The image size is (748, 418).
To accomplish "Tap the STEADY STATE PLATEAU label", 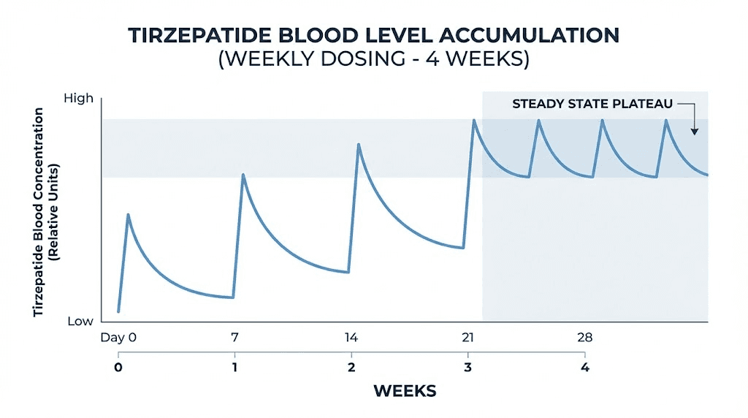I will pyautogui.click(x=592, y=104).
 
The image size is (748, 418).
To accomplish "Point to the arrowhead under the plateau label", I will pyautogui.click(x=694, y=131).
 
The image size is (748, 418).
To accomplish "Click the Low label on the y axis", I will pyautogui.click(x=80, y=322).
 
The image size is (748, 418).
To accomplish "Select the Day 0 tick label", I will pyautogui.click(x=118, y=338).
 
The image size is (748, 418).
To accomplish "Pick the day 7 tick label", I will pyautogui.click(x=234, y=338).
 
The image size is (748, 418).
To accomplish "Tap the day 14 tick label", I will pyautogui.click(x=351, y=338).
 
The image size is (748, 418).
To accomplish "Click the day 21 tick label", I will pyautogui.click(x=467, y=338).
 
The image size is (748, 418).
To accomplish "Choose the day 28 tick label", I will pyautogui.click(x=584, y=338).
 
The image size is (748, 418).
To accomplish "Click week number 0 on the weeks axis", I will pyautogui.click(x=118, y=366).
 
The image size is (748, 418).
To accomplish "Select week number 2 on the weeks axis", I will pyautogui.click(x=351, y=366).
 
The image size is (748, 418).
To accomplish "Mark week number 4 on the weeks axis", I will pyautogui.click(x=584, y=366).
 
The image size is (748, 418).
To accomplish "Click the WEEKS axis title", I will pyautogui.click(x=405, y=391).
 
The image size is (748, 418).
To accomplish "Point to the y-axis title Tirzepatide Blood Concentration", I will pyautogui.click(x=39, y=212).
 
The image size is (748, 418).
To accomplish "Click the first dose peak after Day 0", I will pyautogui.click(x=129, y=215).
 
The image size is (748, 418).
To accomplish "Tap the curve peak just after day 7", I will pyautogui.click(x=243, y=175).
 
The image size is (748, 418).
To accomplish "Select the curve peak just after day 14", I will pyautogui.click(x=358, y=144).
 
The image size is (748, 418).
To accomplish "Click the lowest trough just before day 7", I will pyautogui.click(x=232, y=297).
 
